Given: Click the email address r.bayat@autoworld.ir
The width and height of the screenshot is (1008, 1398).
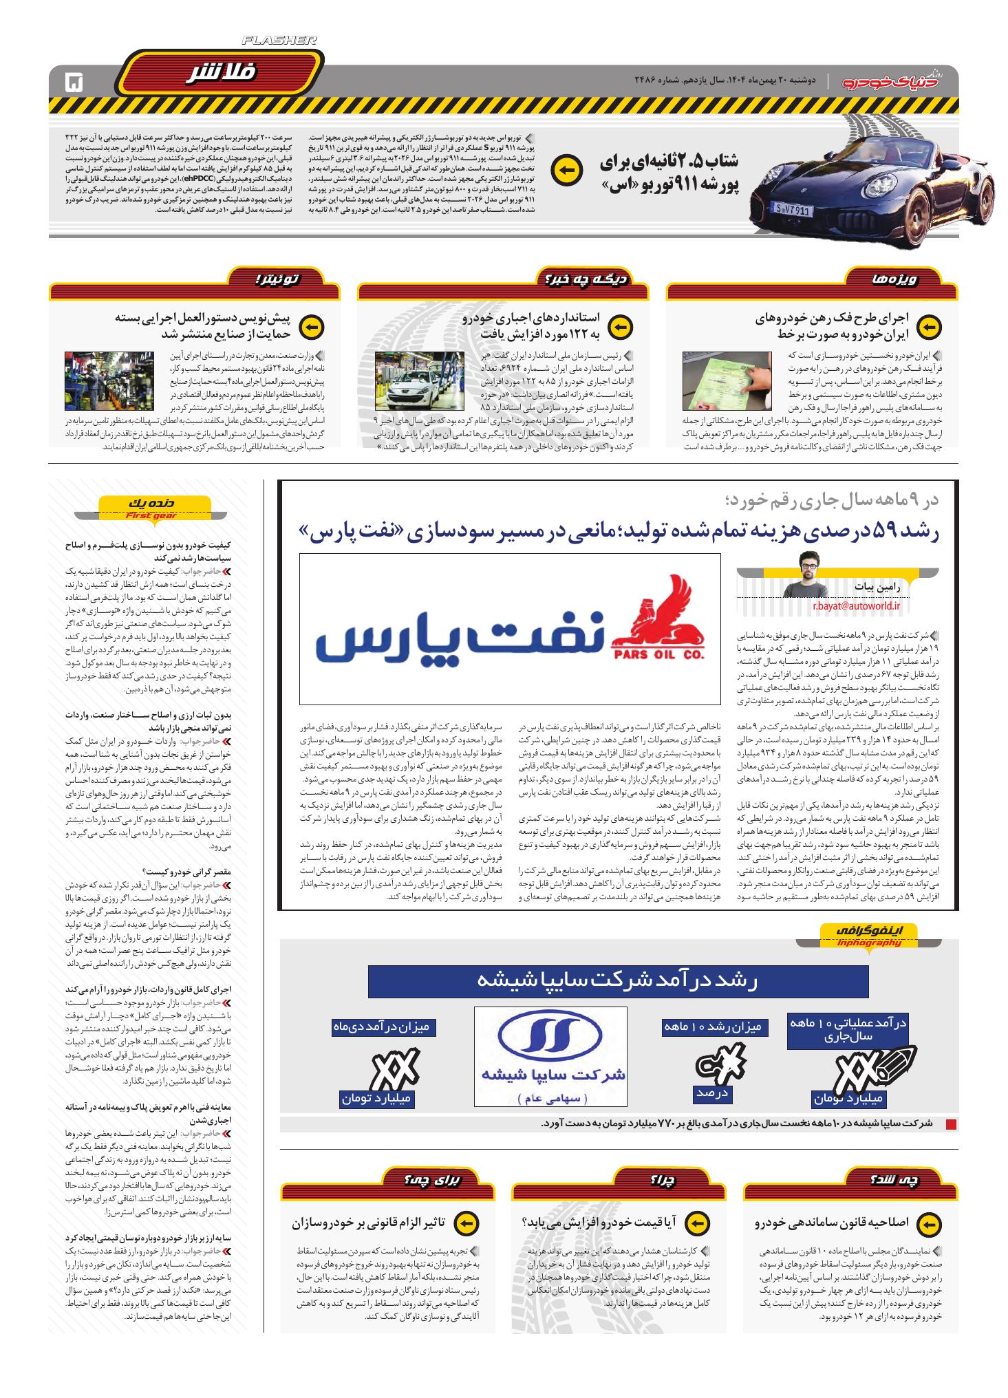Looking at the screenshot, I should [x=856, y=606].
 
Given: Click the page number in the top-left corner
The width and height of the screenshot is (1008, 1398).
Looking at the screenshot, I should [x=72, y=83].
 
